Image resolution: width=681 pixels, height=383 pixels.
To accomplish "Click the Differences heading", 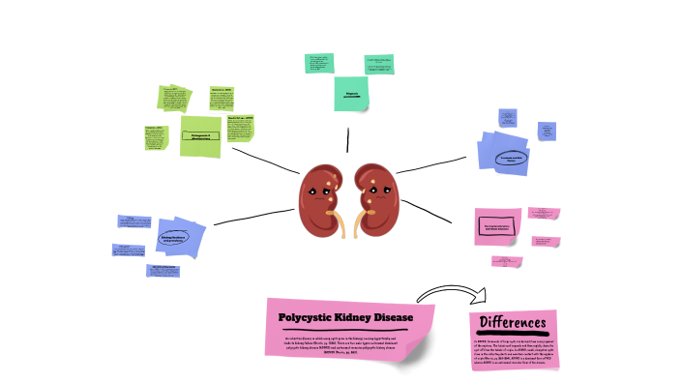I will (x=513, y=322).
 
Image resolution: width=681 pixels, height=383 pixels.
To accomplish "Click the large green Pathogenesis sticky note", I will (x=201, y=136).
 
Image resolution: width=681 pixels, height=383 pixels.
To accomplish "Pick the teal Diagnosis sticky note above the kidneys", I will (x=352, y=93).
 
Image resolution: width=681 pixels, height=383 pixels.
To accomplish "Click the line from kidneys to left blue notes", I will (x=252, y=219).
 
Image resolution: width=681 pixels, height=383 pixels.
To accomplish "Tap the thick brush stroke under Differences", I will (x=513, y=335).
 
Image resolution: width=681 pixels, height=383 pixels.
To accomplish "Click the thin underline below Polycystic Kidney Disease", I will (x=346, y=330).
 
